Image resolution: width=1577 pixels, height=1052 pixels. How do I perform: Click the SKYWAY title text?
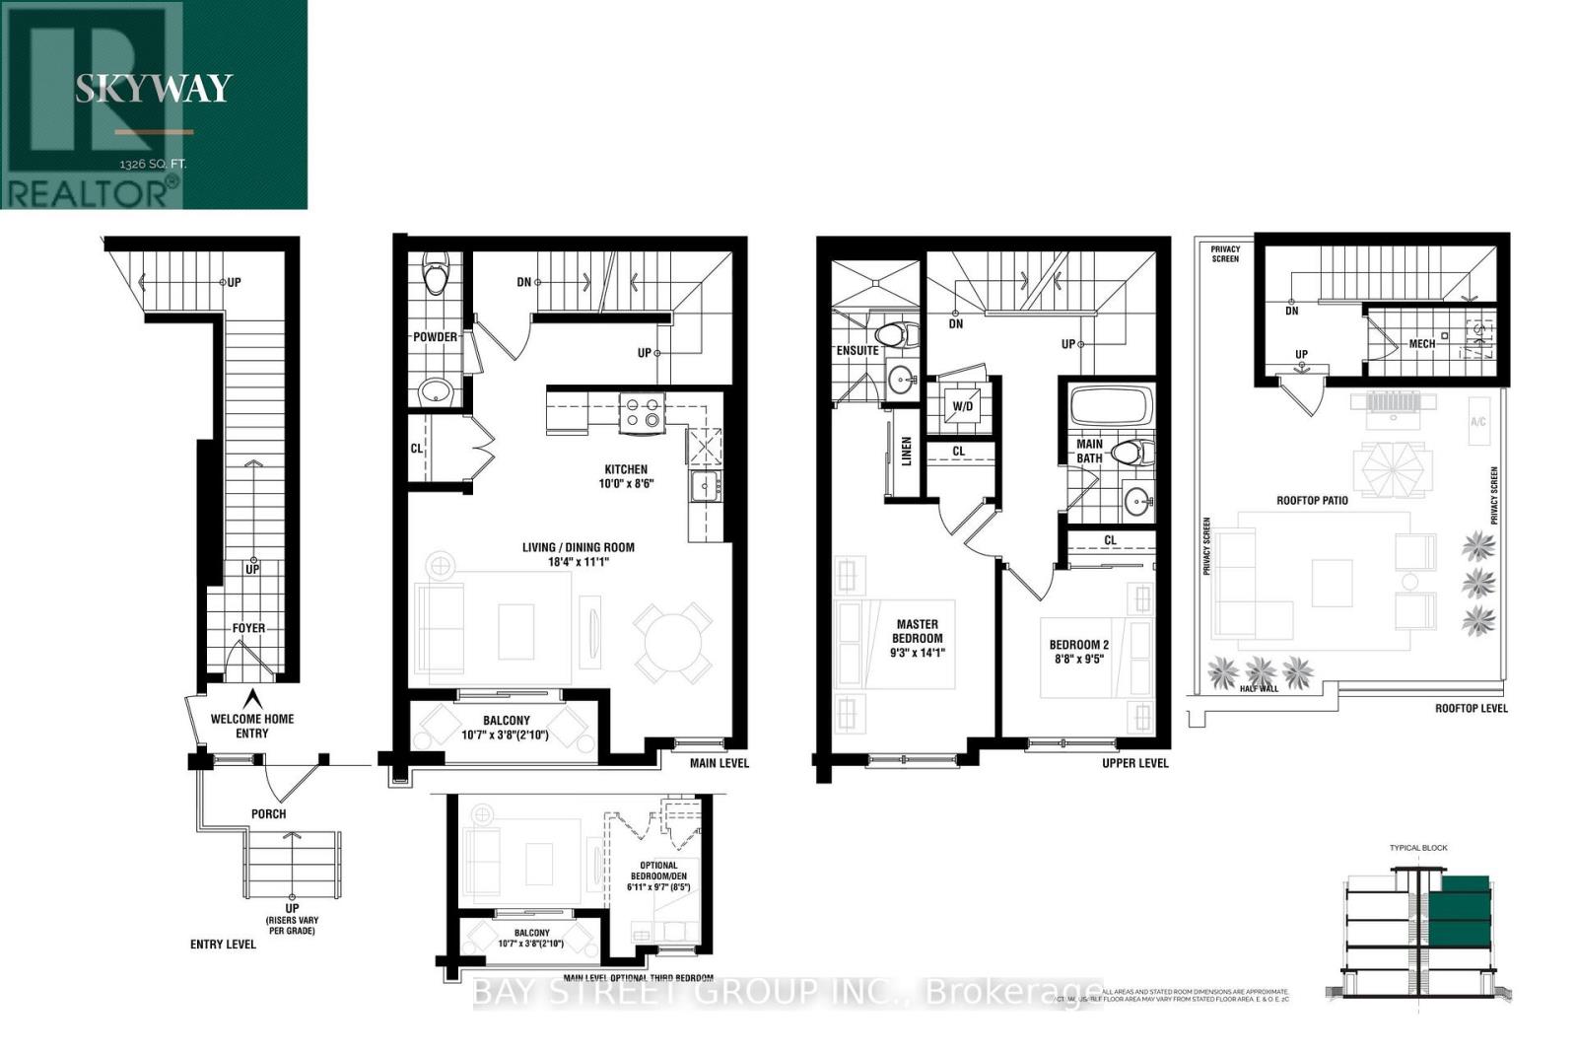coord(154,89)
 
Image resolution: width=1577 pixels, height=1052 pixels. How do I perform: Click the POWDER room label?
coord(435,337)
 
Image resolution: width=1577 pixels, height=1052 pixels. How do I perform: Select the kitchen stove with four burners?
coord(642,412)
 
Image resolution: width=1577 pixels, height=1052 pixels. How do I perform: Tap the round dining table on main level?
coord(673,642)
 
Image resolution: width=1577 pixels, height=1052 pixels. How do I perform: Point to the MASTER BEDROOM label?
coord(917,638)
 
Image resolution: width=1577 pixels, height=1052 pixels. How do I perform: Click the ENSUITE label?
coord(857,350)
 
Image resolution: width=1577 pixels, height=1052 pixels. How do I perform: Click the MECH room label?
coord(1421,344)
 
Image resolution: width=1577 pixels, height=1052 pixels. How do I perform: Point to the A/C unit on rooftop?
coord(1477,421)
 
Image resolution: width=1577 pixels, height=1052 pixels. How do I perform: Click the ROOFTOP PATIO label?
coord(1312,500)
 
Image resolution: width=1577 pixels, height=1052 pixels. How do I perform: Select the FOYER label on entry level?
coord(248,628)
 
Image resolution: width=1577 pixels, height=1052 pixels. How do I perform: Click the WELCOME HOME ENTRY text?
coord(252,726)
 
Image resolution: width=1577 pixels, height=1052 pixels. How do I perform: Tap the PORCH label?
coord(268,813)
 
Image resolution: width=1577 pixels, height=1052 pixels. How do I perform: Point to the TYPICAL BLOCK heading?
coord(1418,848)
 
